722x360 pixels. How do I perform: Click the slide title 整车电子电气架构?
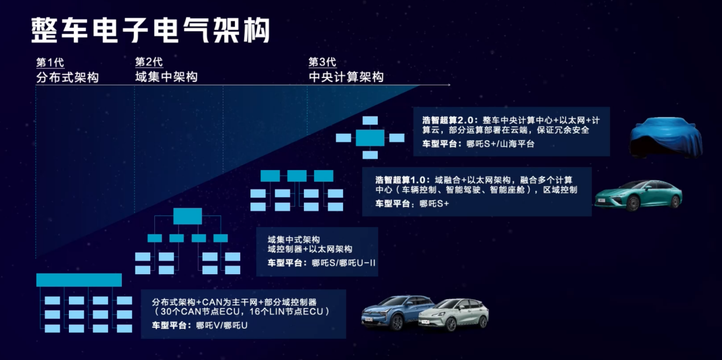click(x=150, y=30)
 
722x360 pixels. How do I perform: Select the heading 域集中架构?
click(x=166, y=77)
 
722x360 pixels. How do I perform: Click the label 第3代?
click(x=322, y=62)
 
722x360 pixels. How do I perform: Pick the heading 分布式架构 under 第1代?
click(x=67, y=77)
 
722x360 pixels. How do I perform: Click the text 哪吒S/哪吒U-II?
click(x=344, y=263)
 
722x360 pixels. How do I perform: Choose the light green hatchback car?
click(x=453, y=315)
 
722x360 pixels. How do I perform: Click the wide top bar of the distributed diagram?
click(x=79, y=280)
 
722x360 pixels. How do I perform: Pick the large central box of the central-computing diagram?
click(x=370, y=138)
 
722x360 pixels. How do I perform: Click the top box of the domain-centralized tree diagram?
click(x=187, y=216)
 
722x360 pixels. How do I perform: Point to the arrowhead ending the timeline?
click(x=448, y=85)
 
